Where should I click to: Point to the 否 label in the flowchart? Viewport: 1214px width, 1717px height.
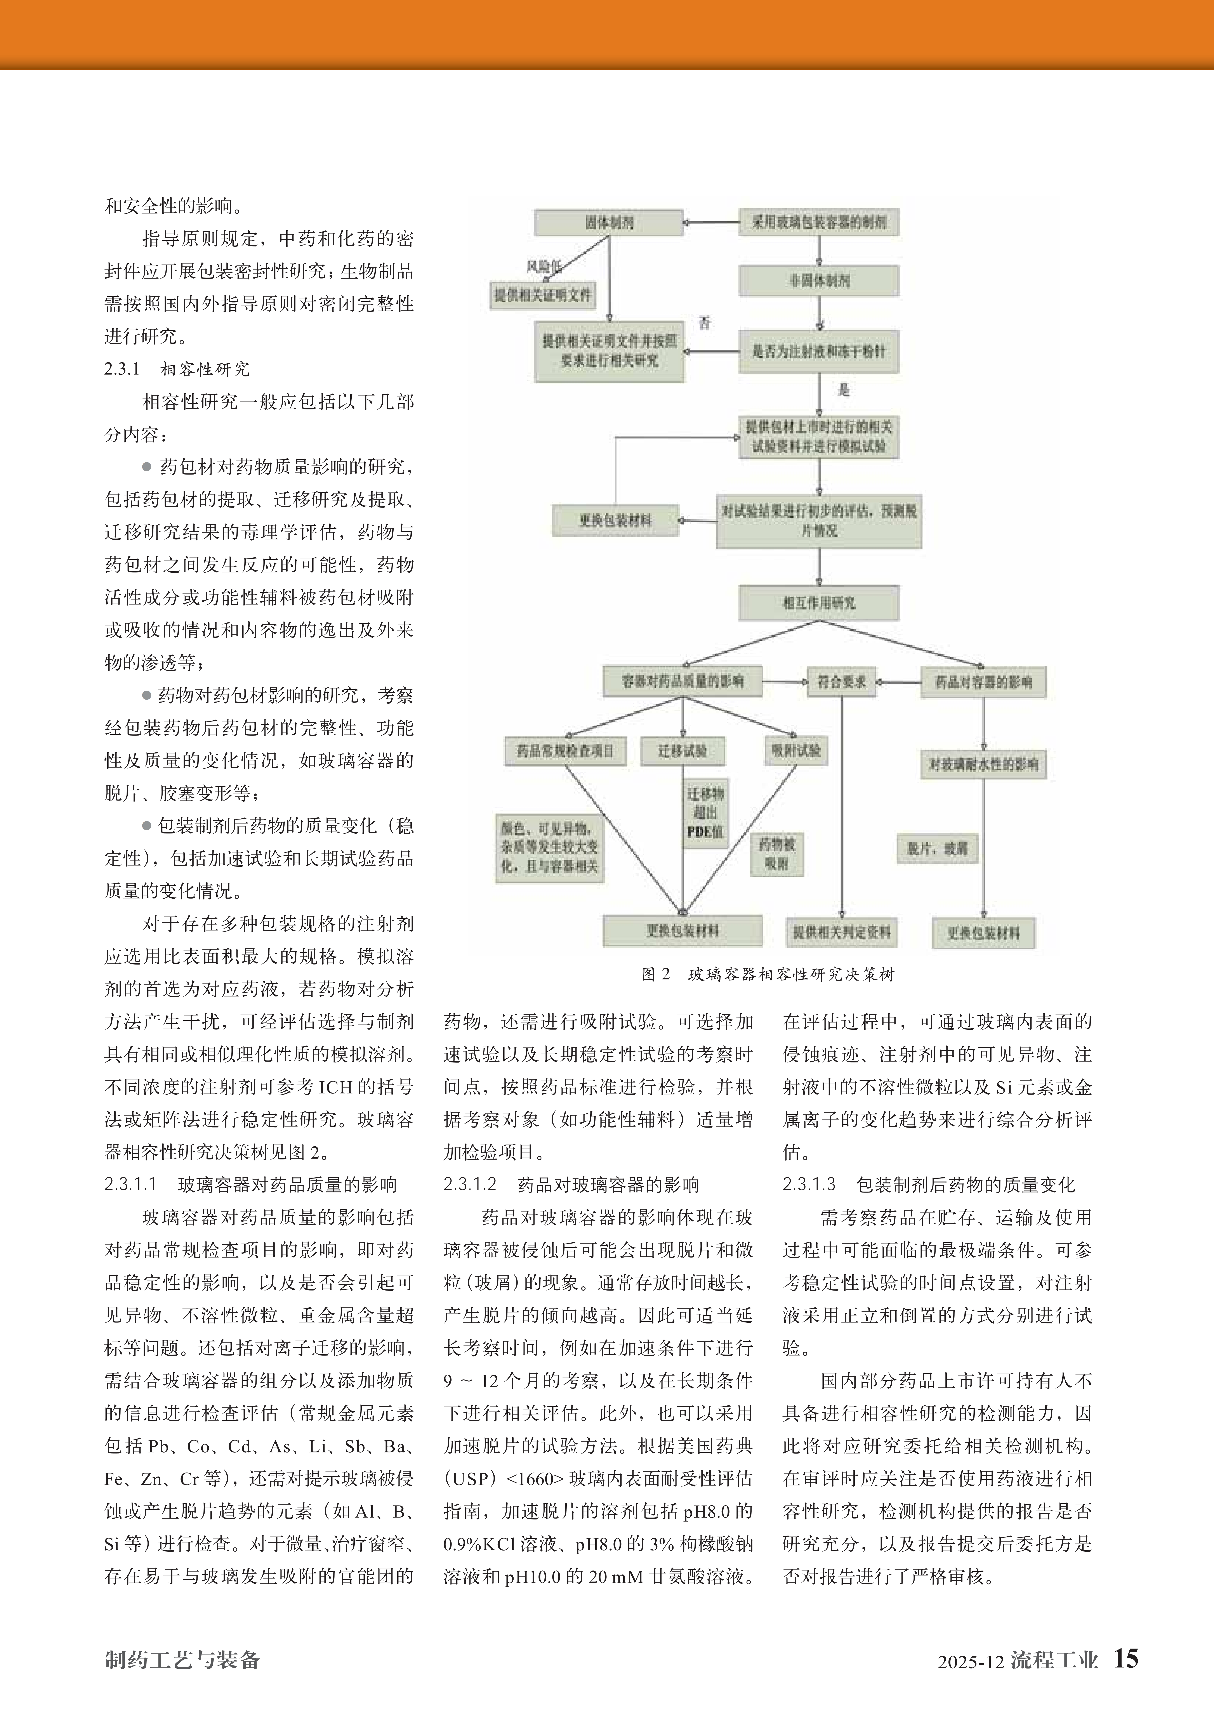coord(705,323)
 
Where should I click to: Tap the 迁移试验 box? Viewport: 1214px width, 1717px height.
coord(682,751)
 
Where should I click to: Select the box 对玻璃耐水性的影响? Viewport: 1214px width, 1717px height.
coord(983,764)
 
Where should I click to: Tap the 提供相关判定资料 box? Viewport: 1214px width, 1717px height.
coord(842,932)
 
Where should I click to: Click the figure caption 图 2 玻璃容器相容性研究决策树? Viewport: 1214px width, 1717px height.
coord(768,974)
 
